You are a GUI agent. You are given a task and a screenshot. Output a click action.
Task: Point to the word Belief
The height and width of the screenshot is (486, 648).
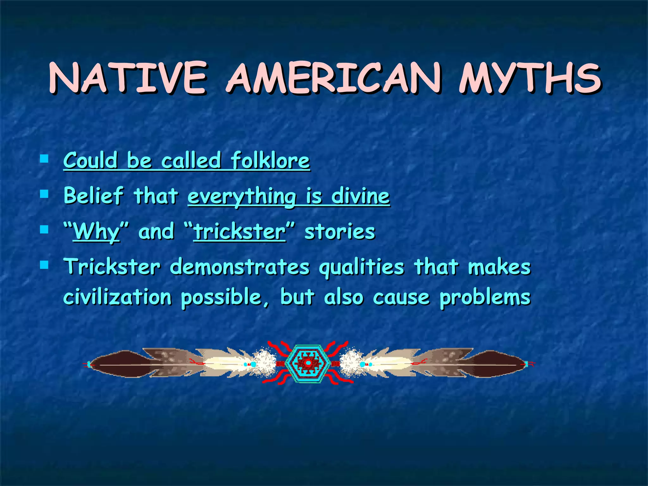point(93,195)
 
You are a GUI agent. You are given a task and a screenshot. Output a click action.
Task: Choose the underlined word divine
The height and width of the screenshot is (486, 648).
point(360,196)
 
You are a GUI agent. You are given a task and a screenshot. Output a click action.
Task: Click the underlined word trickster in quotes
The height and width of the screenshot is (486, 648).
point(240,232)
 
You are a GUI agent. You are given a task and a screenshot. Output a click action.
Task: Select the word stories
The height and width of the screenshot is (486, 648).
point(340,232)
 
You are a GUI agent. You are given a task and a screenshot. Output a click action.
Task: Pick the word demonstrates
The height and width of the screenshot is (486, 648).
point(240,267)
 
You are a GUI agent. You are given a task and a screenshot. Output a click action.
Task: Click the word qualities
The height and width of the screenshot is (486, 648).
point(361,267)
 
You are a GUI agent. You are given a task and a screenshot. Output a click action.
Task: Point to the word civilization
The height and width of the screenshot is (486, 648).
point(117,297)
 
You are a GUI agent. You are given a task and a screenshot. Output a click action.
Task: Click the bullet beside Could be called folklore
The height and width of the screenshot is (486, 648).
point(44,158)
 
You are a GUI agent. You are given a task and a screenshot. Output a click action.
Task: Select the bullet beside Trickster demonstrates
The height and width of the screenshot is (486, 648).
point(44,265)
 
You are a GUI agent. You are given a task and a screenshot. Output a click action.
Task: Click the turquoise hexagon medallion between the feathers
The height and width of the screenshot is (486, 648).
point(308,364)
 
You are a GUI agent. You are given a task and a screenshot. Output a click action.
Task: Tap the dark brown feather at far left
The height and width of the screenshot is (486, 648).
point(120,364)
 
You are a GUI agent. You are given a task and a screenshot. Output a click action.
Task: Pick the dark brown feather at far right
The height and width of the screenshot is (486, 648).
point(495,364)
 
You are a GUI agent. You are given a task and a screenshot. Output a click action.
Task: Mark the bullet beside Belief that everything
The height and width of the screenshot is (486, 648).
point(44,194)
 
